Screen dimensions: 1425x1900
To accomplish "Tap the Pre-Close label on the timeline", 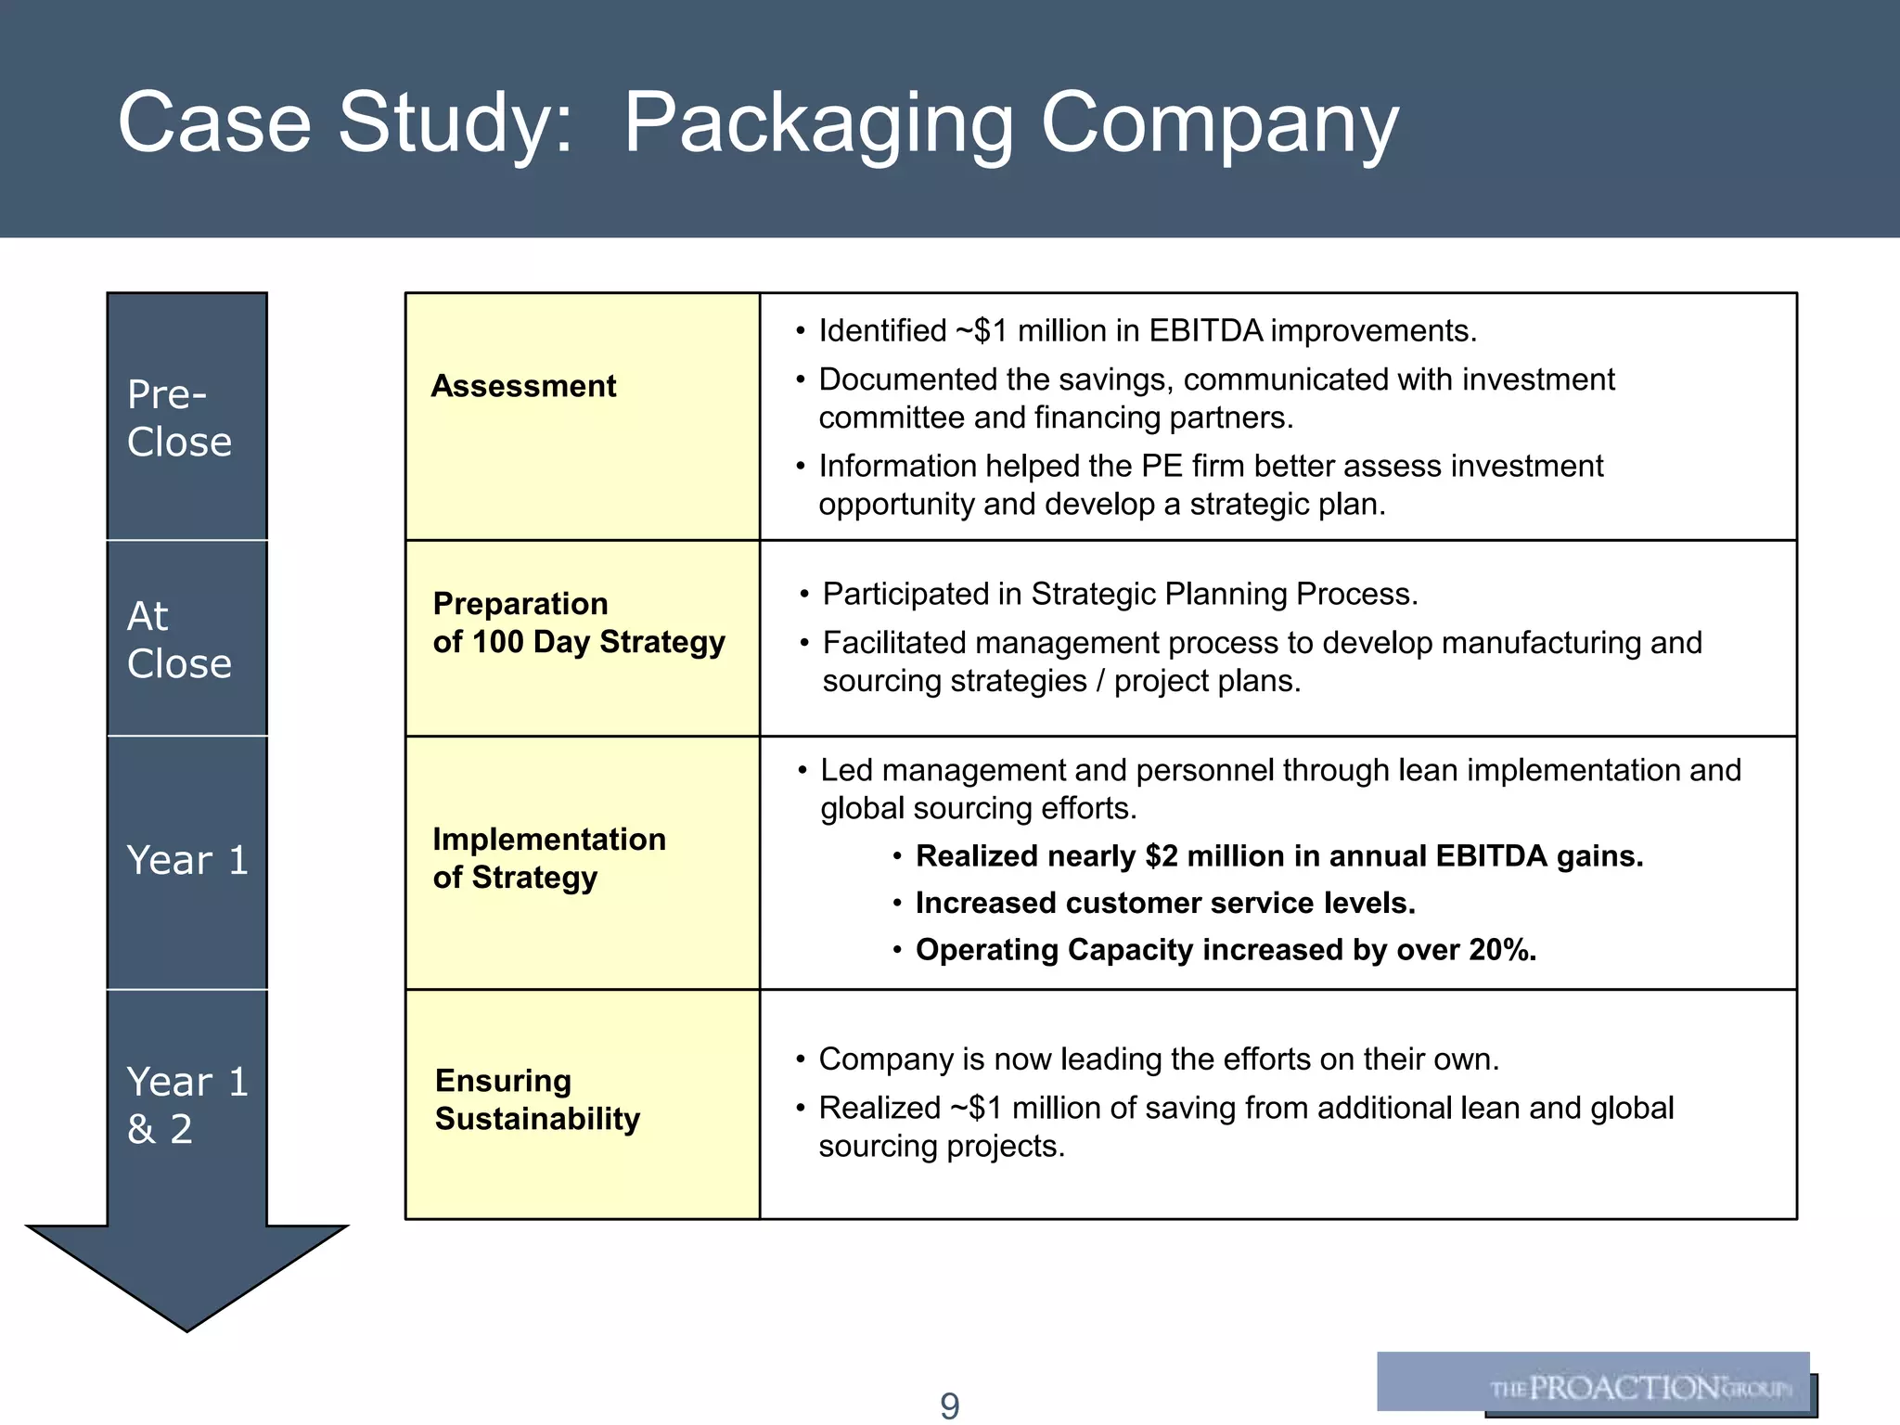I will pos(179,417).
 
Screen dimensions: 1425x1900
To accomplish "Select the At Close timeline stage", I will pos(179,639).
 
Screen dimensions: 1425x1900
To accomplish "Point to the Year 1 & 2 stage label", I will pos(186,1105).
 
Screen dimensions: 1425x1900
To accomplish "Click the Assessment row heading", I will pos(523,386).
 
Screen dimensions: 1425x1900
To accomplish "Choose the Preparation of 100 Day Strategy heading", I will pos(578,623).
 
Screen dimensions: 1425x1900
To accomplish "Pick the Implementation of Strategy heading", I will pos(549,858).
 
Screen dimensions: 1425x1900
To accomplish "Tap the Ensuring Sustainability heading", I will pos(537,1099).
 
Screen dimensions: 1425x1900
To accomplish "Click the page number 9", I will pos(949,1406).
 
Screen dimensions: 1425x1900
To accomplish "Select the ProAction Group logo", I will pos(1594,1383).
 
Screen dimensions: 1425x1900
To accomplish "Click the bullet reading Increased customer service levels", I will pos(1164,903).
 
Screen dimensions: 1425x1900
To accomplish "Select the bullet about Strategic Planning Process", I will pos(1120,594).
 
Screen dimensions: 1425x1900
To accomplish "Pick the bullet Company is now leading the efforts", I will pos(1158,1059).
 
